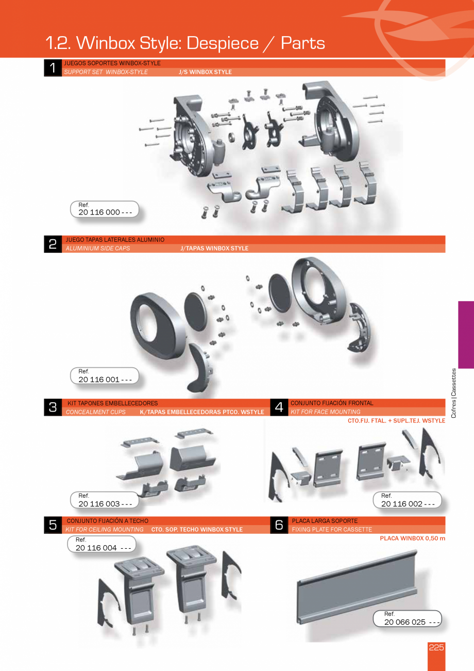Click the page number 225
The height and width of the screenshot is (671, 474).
[436, 648]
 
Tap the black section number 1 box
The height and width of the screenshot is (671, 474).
[53, 68]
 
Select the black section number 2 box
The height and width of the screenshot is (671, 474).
[53, 244]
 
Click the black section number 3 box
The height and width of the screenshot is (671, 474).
[53, 407]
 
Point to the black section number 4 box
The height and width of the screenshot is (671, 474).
[279, 407]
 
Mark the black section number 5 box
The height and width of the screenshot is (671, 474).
[53, 525]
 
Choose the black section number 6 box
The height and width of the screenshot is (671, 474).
[279, 525]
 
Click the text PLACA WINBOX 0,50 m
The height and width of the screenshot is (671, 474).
[412, 538]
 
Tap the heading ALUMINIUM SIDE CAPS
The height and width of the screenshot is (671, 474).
[98, 249]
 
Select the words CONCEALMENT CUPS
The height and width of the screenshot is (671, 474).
[95, 412]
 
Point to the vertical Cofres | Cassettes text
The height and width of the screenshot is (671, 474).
[453, 393]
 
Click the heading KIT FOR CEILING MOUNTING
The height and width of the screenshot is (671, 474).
[105, 530]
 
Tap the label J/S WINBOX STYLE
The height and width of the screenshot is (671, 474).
[205, 72]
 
